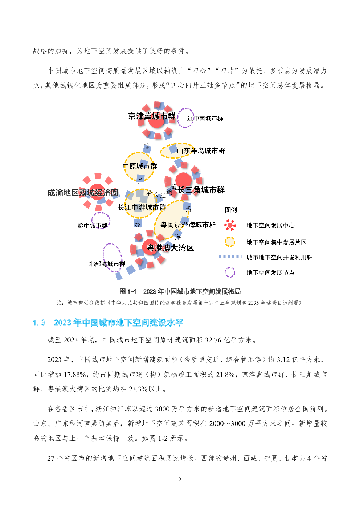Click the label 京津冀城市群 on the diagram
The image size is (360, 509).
[x=152, y=116]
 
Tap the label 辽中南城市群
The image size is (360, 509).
[x=205, y=119]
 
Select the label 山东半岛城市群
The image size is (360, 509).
[x=201, y=151]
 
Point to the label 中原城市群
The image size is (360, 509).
[x=140, y=166]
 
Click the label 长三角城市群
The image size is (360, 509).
[x=201, y=190]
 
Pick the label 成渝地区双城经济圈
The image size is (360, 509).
[x=83, y=193]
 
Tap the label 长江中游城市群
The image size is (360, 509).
[x=142, y=207]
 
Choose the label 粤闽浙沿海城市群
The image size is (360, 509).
[x=188, y=225]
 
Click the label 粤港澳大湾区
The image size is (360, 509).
[x=170, y=248]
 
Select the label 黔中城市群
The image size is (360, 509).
[x=92, y=225]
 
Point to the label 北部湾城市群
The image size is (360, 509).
[x=107, y=264]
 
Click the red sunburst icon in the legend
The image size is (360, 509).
[x=230, y=225]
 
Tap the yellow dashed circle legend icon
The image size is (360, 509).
[x=230, y=242]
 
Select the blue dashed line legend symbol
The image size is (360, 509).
[x=230, y=256]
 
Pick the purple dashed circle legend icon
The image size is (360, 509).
[x=230, y=272]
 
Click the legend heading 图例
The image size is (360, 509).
[x=231, y=210]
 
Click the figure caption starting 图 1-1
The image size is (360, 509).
[x=180, y=291]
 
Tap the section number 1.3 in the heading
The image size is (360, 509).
[x=39, y=323]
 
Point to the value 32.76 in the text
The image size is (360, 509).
[x=213, y=340]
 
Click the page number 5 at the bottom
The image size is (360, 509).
[x=180, y=479]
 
